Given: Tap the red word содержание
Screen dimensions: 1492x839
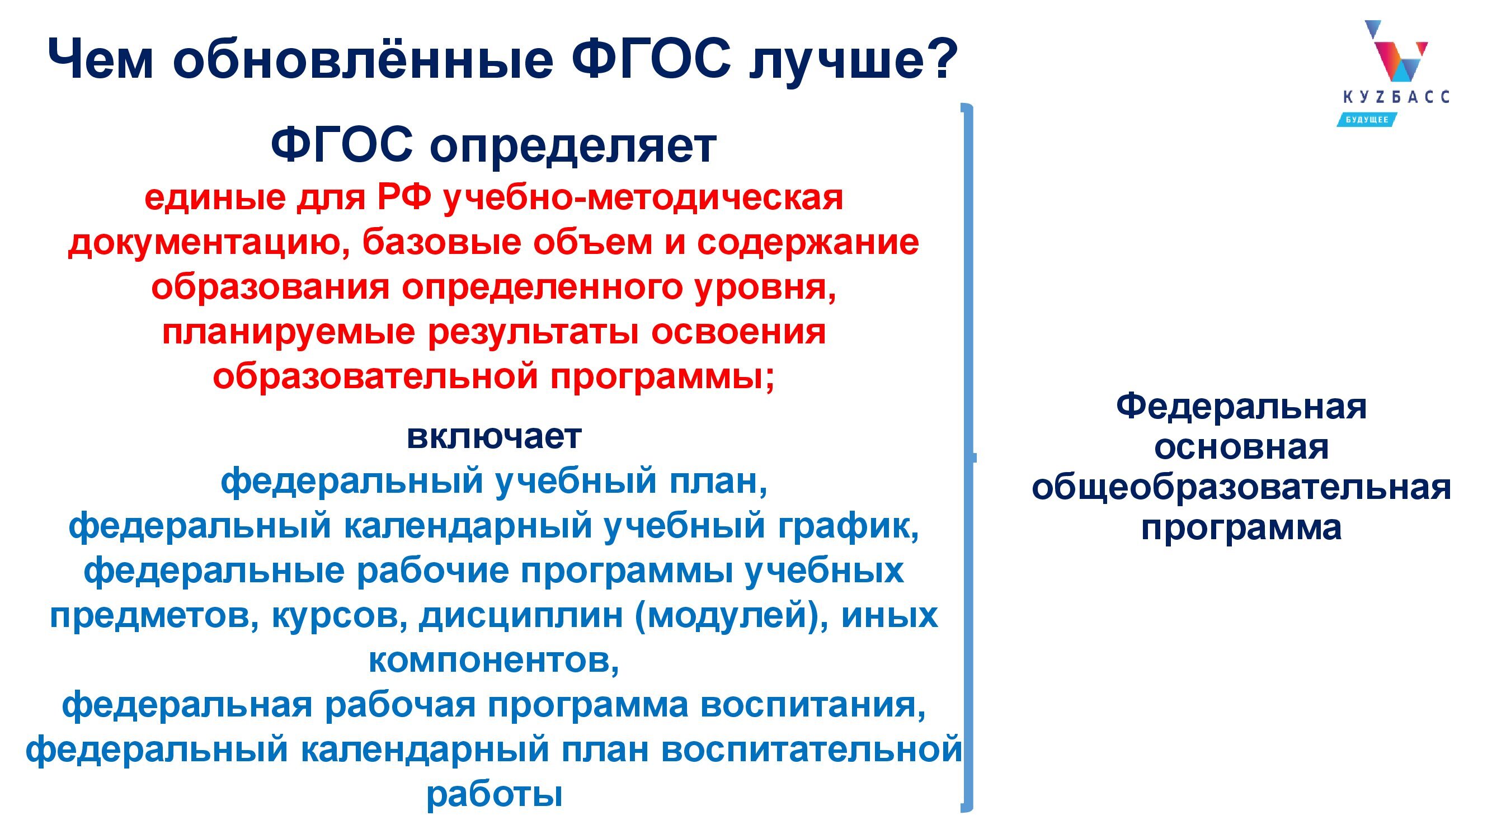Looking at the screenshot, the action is tap(807, 244).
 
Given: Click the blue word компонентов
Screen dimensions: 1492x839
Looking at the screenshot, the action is tap(494, 661).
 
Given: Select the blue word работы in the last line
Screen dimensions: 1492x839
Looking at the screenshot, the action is tap(494, 795).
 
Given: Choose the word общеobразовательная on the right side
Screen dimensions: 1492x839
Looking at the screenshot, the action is tap(1241, 488).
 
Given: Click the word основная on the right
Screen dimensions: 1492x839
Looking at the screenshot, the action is tap(1241, 447).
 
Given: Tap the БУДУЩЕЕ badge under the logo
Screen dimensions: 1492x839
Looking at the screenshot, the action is tap(1367, 119).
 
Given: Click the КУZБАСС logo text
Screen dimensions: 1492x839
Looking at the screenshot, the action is tap(1396, 97).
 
